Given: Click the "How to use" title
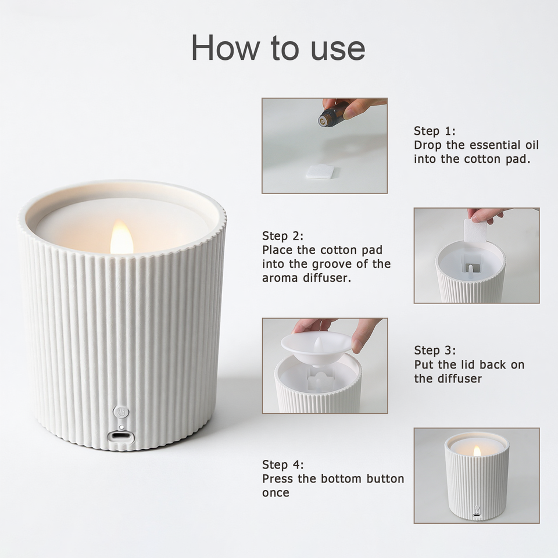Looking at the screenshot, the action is tap(278, 48).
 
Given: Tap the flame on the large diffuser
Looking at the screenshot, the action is tap(121, 237).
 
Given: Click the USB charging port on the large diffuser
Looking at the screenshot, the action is tap(121, 436).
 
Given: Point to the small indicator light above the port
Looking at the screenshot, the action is tap(121, 427).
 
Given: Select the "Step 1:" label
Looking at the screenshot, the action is tap(435, 131).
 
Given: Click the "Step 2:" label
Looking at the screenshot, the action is tap(283, 236).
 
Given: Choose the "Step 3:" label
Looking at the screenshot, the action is tap(435, 350).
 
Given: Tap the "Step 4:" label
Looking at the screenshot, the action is tap(283, 465).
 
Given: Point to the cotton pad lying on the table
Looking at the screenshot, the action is tap(321, 172).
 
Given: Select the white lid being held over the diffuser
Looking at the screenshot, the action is tap(316, 347).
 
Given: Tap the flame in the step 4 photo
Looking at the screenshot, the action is tap(477, 451).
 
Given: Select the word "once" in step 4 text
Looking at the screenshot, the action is tap(276, 493).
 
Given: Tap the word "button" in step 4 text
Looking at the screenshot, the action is tap(385, 478).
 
